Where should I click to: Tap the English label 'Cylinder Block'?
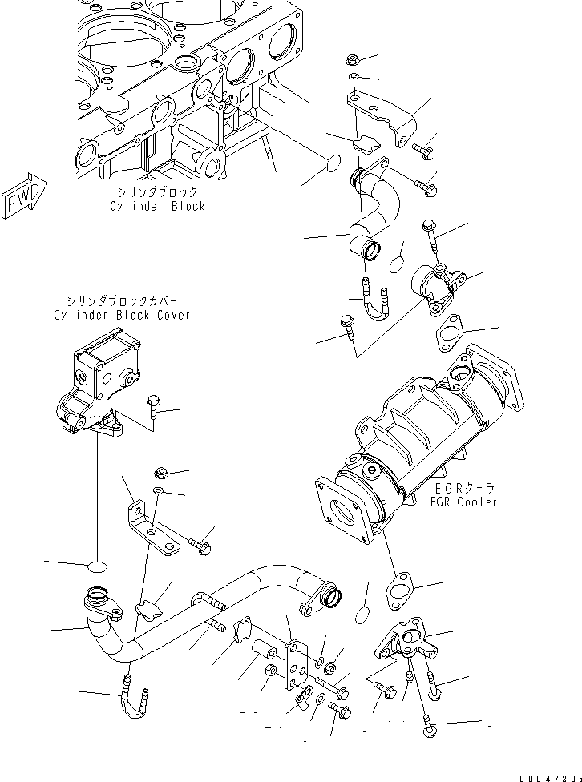tap(157, 206)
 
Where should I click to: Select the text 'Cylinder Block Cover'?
tap(122, 315)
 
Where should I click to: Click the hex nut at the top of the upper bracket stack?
tap(354, 58)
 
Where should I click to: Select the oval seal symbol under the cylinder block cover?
tap(95, 568)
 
